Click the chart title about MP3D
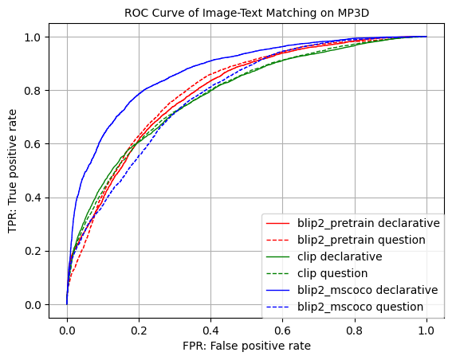tap(246, 13)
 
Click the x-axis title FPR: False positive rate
tap(246, 346)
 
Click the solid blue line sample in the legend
tap(279, 290)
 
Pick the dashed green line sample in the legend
tap(279, 273)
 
